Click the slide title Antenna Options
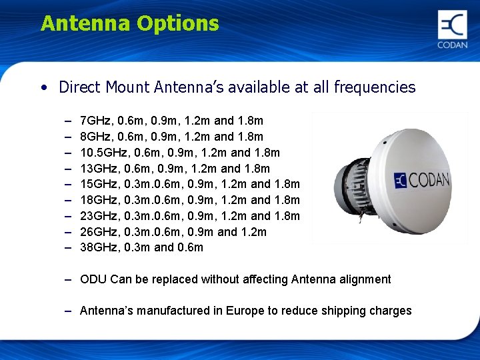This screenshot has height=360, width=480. tap(129, 24)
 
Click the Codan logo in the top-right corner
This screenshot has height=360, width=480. tap(452, 29)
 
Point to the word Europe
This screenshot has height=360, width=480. tap(246, 311)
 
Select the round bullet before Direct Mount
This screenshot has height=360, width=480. tap(43, 88)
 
